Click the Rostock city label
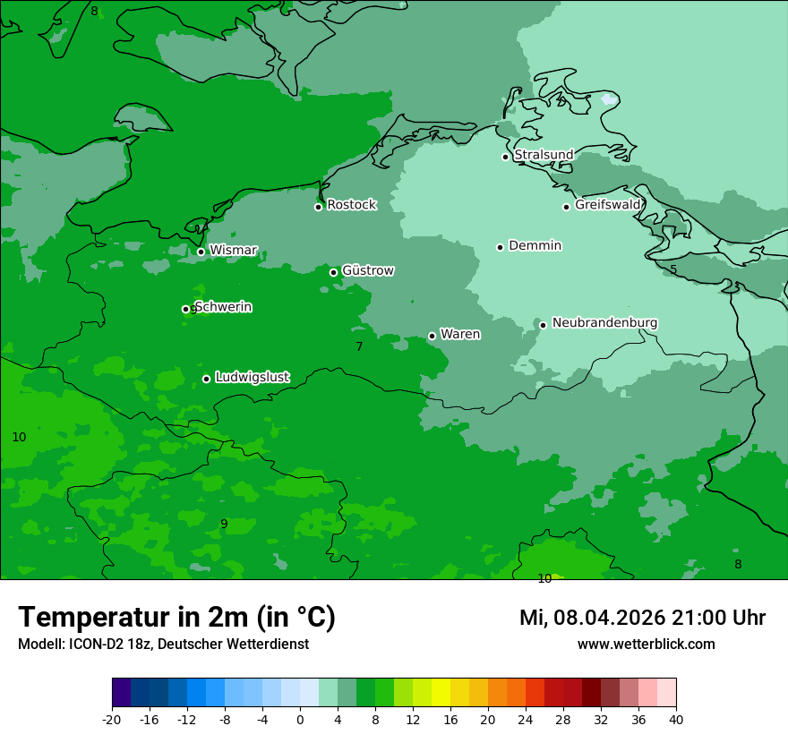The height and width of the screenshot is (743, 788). coord(351,205)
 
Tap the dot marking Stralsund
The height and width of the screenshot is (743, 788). coord(505,157)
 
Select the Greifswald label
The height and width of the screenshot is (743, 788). coord(607,205)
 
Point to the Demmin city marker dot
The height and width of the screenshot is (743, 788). coord(500,247)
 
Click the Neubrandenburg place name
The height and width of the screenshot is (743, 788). coord(604,323)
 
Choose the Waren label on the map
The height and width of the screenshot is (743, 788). coord(460,335)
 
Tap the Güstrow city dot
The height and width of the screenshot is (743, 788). coord(333,272)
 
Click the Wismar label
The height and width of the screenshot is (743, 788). coord(233,251)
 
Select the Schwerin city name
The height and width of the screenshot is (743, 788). coord(223,307)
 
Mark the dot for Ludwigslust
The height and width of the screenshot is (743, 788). coord(206,379)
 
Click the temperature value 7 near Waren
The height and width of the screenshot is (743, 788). coord(359,346)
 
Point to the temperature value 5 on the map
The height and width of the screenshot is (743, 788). coord(673,269)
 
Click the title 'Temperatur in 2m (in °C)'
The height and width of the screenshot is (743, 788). coord(176,617)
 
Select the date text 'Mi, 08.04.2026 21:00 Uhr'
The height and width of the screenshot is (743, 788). coord(642,618)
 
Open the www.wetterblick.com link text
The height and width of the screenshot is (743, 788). coord(646,645)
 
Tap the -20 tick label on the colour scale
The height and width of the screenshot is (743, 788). coord(112,719)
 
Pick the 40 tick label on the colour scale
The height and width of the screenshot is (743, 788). coord(676,719)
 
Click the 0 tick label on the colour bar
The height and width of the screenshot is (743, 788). coord(300,719)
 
